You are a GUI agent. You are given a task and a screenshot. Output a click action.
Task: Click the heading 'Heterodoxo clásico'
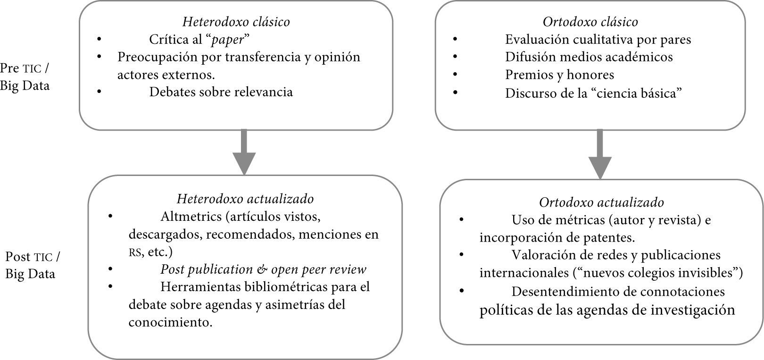point(236,22)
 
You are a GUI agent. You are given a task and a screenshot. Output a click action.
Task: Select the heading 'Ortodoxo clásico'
point(590,22)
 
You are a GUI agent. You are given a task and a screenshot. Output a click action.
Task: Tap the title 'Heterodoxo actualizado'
point(245,199)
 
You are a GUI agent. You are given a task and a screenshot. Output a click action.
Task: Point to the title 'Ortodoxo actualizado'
point(601,202)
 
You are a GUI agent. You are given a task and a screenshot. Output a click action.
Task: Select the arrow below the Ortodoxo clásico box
point(600,154)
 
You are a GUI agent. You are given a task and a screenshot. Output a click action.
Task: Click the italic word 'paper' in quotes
point(228,40)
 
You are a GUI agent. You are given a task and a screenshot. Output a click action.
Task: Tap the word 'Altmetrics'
point(191,217)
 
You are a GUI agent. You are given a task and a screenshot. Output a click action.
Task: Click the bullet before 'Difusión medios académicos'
point(455,57)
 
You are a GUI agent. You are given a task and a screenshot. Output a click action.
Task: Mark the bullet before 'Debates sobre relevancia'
point(100,92)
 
